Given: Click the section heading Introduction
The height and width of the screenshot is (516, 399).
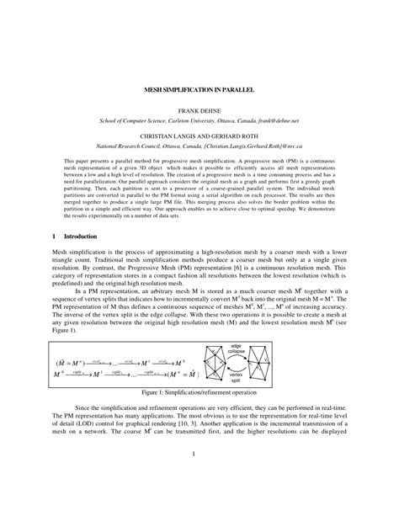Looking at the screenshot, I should (x=80, y=238).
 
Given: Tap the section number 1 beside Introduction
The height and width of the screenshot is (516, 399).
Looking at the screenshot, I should (x=54, y=238).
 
